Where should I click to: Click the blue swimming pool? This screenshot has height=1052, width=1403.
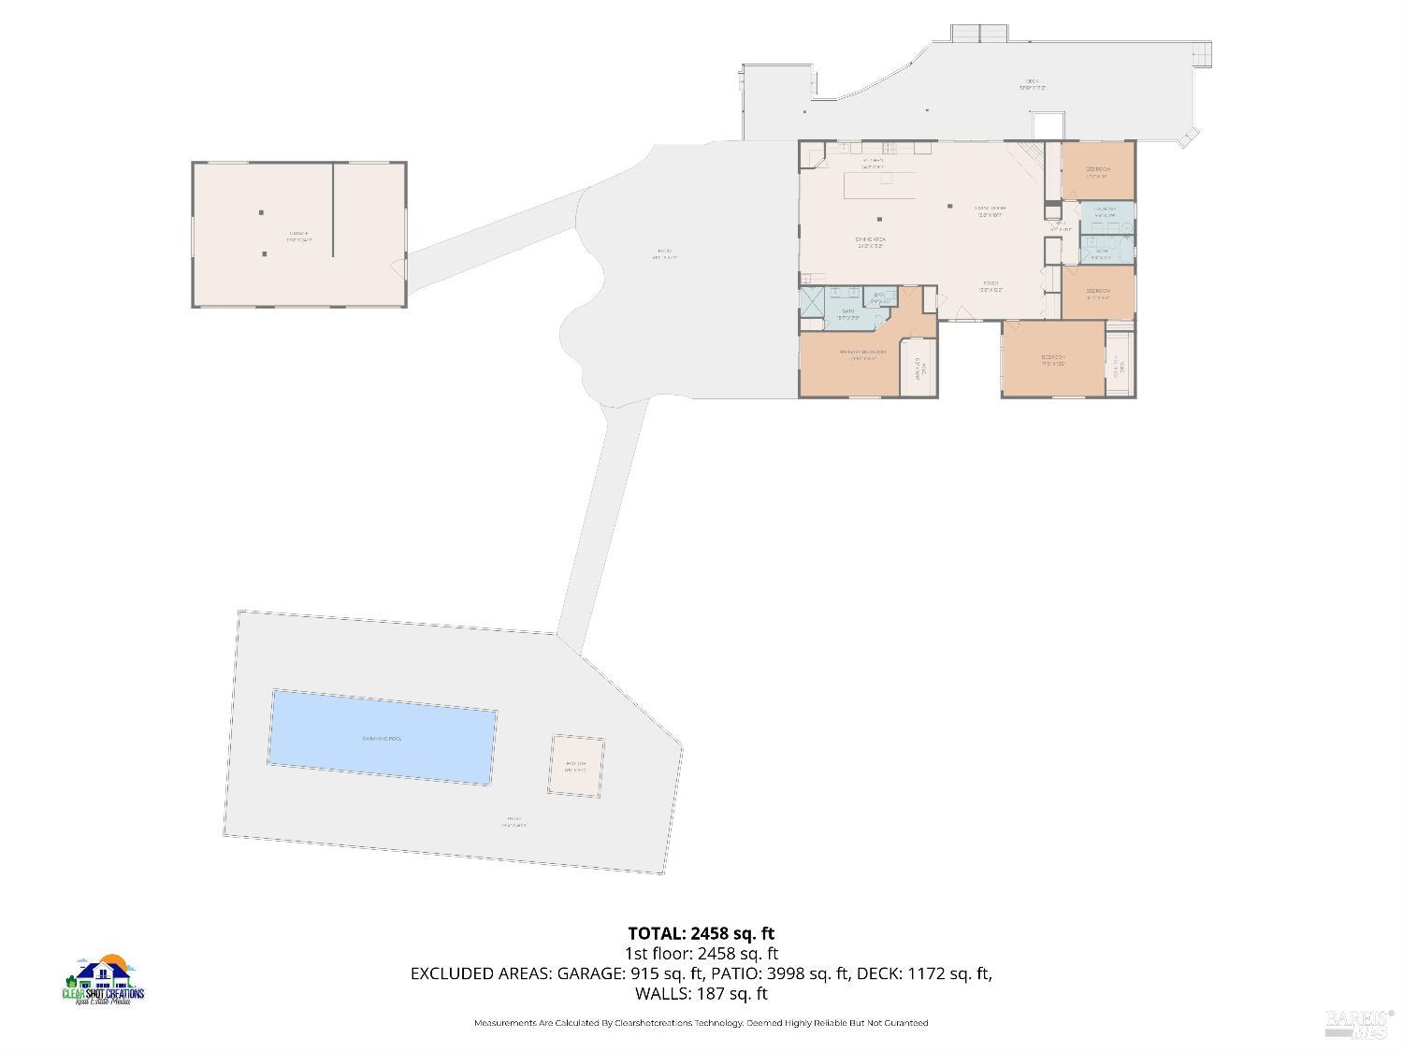[383, 738]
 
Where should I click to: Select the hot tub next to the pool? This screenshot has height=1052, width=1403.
[575, 766]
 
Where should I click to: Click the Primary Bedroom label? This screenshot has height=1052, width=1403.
[862, 353]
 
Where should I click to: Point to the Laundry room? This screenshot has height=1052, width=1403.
[1106, 210]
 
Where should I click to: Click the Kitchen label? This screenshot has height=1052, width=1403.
[873, 160]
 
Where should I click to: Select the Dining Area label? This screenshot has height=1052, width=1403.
[870, 240]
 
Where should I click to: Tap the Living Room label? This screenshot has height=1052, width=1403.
[990, 209]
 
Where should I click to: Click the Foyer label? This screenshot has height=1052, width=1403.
[991, 284]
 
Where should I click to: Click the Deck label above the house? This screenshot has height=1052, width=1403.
[1032, 82]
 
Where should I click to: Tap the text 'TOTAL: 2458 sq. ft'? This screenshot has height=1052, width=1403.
[701, 933]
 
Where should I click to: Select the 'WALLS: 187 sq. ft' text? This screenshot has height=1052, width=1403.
[701, 993]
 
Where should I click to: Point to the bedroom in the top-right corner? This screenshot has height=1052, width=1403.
[1098, 170]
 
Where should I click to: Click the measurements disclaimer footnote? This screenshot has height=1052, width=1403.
[701, 1023]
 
